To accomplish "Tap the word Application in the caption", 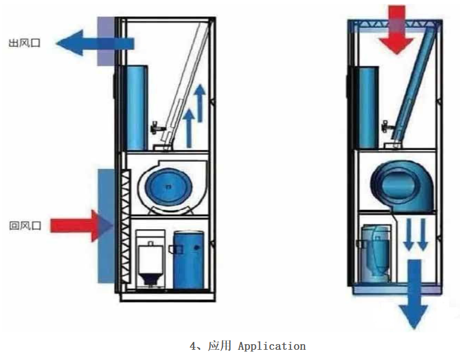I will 272,346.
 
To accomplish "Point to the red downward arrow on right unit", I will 401,28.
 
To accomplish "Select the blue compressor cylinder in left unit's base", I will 188,258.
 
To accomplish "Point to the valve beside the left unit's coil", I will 155,126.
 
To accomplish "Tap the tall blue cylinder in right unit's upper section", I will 366,105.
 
